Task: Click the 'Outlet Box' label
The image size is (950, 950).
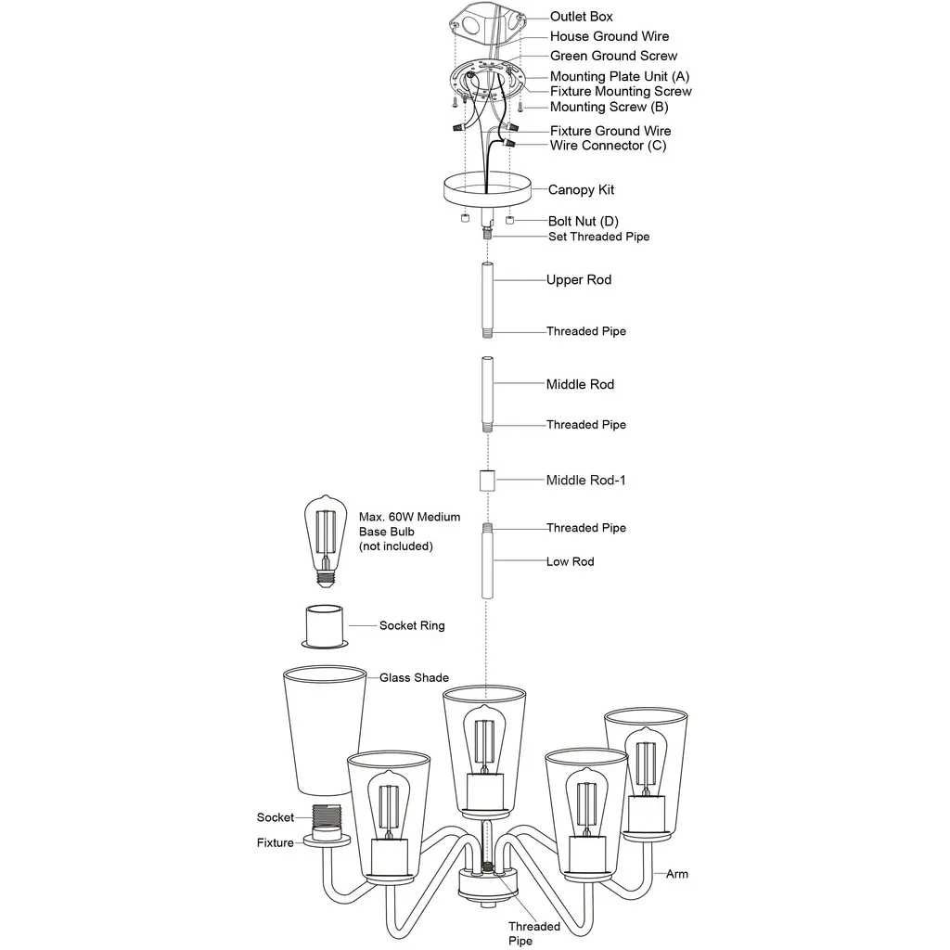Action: coord(581,17)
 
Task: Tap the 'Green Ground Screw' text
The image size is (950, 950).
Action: coord(613,56)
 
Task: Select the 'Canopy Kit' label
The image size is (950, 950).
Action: coord(581,190)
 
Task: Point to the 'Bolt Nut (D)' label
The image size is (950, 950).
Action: coord(583,221)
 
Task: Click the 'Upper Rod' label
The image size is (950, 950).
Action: coord(578,279)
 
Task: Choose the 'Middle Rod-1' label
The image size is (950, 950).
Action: coord(592,480)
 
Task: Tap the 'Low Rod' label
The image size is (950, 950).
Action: coord(570,561)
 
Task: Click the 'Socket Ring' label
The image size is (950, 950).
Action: coord(412,625)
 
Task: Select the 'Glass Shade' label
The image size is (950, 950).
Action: coord(414,677)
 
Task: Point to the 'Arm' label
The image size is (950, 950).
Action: coord(677,874)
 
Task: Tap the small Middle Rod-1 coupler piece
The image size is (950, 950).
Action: coord(487,481)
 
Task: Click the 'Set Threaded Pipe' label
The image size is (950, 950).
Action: coord(597,237)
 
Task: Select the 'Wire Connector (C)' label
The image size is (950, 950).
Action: coord(608,146)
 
